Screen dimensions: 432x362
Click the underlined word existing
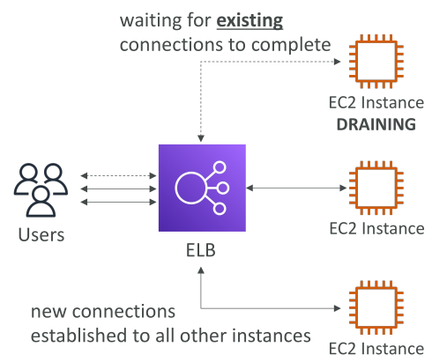pos(250,21)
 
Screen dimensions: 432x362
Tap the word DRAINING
pos(376,124)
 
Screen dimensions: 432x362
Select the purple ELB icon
pos(202,188)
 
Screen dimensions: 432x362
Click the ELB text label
pos(201,250)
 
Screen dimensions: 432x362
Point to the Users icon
pos(41,190)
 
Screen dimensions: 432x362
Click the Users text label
pos(41,235)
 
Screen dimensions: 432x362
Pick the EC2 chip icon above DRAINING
pos(376,62)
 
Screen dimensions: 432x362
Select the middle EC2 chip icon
pos(376,188)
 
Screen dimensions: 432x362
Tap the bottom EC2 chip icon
pos(376,307)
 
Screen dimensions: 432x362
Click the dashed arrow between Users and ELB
pos(118,176)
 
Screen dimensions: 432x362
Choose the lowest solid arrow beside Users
pos(118,202)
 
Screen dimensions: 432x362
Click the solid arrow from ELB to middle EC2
pos(296,188)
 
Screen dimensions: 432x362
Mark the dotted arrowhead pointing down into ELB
pos(201,138)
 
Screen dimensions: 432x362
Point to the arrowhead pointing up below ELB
pos(201,270)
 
